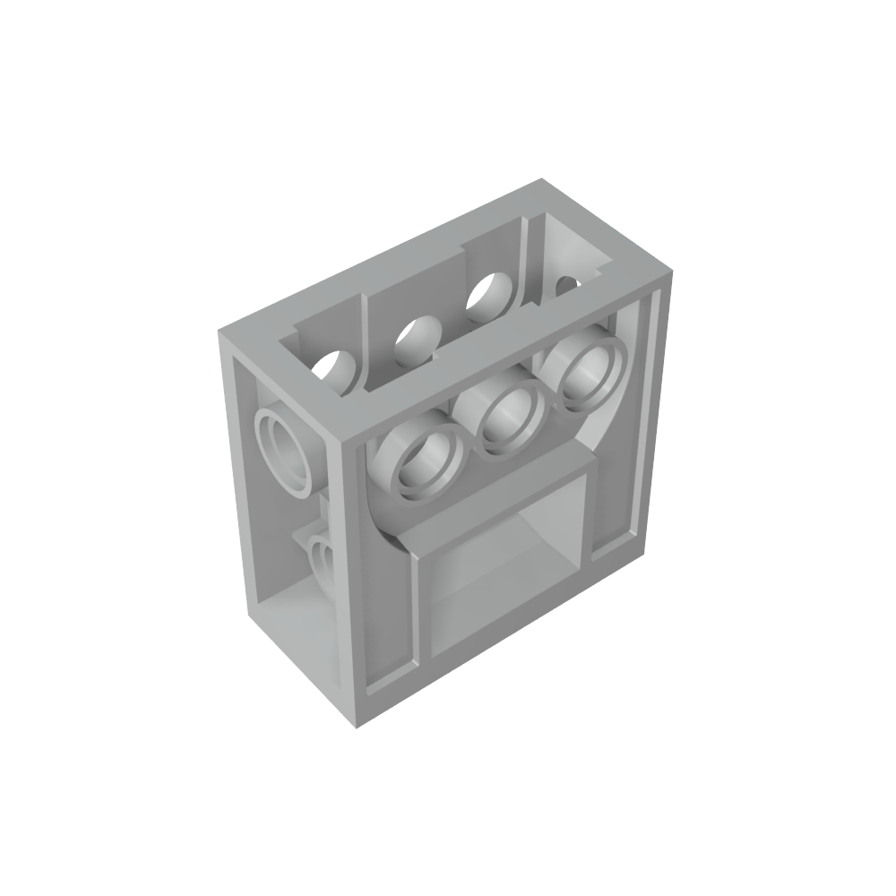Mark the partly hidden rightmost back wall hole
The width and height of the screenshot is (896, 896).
(567, 285)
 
